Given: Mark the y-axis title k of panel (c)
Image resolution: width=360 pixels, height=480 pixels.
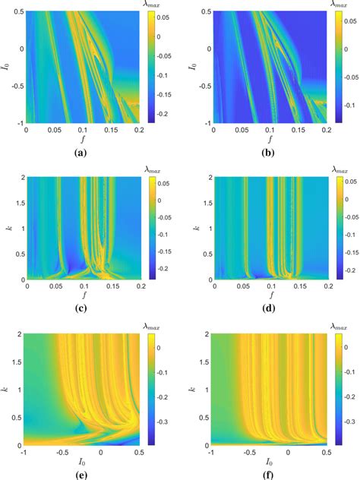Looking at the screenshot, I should pos(10,227).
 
